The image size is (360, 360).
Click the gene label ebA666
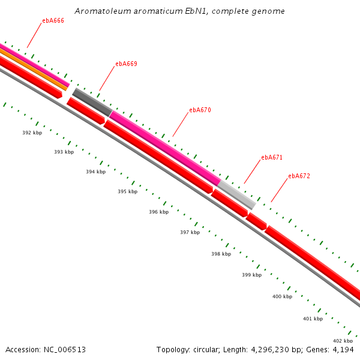coord(53,20)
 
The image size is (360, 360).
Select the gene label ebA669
coord(126,64)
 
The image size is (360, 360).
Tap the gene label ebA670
coord(200,110)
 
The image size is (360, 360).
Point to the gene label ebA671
coord(271,157)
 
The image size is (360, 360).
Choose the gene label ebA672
coord(299,176)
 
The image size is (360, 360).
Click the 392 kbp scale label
coord(32,133)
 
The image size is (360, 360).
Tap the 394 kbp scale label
coord(95,172)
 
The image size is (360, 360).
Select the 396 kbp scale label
coord(158,212)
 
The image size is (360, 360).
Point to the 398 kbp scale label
coord(221,254)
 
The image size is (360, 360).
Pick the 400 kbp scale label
coord(282,296)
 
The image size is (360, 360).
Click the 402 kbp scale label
coord(343,341)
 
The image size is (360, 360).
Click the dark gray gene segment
coord(92,102)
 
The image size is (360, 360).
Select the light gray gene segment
coord(237,194)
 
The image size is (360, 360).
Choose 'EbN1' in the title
coord(195,11)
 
